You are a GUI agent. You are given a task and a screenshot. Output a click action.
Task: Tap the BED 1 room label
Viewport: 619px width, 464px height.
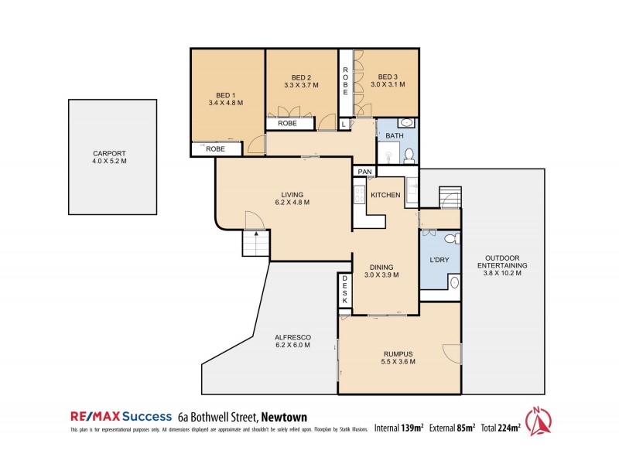coord(226,92)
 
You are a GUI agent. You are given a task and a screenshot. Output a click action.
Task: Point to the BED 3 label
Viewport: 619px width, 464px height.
coord(388,77)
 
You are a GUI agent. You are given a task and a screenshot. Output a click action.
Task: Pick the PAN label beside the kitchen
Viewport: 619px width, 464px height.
coord(364,172)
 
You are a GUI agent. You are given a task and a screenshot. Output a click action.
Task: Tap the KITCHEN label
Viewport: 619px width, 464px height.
coord(385,195)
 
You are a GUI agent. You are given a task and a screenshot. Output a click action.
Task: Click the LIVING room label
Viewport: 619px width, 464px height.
coord(292,194)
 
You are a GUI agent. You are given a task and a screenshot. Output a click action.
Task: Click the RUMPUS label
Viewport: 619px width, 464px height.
coord(398,353)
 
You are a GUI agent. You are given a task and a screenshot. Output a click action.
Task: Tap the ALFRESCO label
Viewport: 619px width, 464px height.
coord(292,337)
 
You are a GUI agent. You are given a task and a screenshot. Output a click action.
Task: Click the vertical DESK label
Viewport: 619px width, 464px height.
coord(345,292)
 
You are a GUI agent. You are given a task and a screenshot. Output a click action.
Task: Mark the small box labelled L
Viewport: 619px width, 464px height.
coord(344,125)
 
